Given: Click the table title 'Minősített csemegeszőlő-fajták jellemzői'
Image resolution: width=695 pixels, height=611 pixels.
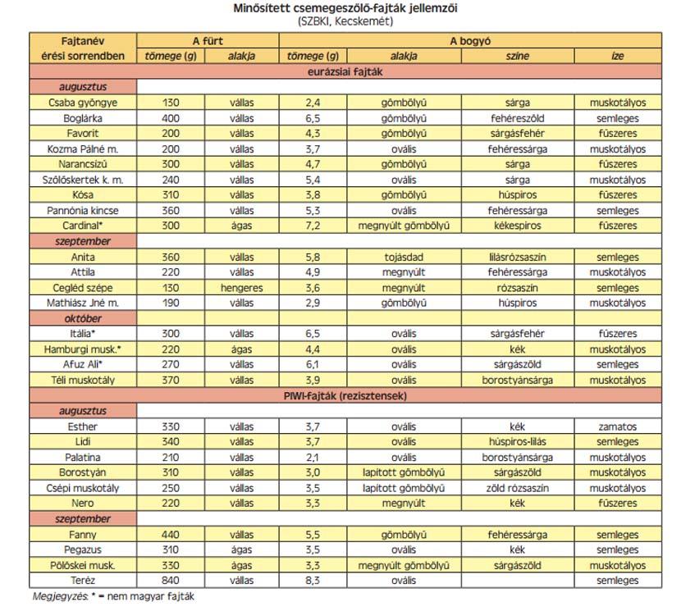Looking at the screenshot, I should pyautogui.click(x=346, y=8).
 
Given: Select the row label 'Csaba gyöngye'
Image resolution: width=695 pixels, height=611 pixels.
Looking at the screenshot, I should pyautogui.click(x=83, y=103).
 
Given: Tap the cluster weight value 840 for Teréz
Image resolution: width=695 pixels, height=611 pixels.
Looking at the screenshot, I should pyautogui.click(x=171, y=581).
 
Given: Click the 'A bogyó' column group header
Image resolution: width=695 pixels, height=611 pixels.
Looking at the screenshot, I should pyautogui.click(x=469, y=40).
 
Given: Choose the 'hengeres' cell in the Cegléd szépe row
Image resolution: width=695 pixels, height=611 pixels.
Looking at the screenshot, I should pyautogui.click(x=242, y=288).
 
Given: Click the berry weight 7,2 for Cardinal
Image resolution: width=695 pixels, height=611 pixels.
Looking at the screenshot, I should pyautogui.click(x=312, y=226).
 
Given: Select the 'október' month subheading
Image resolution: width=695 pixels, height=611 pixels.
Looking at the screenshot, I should pyautogui.click(x=83, y=318).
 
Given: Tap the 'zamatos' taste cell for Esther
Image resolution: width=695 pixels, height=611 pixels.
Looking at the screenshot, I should pyautogui.click(x=617, y=426).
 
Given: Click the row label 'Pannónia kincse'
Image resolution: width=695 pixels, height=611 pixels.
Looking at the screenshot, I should pyautogui.click(x=83, y=210).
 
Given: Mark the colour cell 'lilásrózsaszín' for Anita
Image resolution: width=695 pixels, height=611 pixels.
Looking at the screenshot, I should pyautogui.click(x=517, y=257).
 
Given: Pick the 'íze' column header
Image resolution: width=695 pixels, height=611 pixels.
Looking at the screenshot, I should pyautogui.click(x=617, y=56).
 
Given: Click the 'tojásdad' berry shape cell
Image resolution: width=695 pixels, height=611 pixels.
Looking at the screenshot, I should pyautogui.click(x=403, y=257).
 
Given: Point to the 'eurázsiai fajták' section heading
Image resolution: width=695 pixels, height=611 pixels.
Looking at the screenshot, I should pyautogui.click(x=346, y=71).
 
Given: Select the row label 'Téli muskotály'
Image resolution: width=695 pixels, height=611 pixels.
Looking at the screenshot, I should pyautogui.click(x=83, y=380).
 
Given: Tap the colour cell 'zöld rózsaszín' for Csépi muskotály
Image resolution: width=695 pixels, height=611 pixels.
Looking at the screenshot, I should pyautogui.click(x=517, y=488).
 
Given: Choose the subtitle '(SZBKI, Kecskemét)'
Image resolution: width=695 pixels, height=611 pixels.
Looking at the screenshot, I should pyautogui.click(x=346, y=21).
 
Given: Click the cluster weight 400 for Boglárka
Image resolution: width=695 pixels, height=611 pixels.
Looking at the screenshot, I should pyautogui.click(x=171, y=118).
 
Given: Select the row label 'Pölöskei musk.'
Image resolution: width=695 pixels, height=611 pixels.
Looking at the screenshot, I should pyautogui.click(x=83, y=565).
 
